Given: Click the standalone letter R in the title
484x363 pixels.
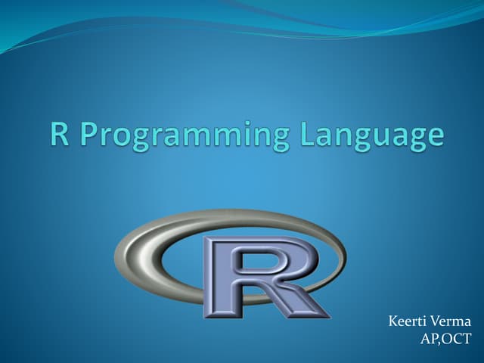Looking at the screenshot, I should tap(60, 135).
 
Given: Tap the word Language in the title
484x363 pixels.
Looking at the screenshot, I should tap(368, 137).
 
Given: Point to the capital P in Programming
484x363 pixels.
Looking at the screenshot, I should tap(88, 135).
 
